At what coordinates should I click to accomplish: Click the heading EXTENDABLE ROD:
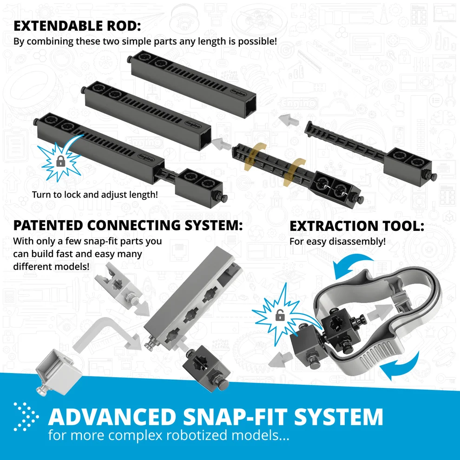pos(77,26)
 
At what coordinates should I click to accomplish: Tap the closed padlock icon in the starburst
pos(60,161)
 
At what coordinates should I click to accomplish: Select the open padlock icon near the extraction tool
pos(280,315)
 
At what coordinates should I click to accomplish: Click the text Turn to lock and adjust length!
pos(95,195)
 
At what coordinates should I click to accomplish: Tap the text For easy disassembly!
pos(337,242)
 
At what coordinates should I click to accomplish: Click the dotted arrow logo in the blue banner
pos(26,417)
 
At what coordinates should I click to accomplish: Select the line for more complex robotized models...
pos(169,435)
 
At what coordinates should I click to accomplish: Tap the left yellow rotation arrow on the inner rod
pos(254,157)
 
